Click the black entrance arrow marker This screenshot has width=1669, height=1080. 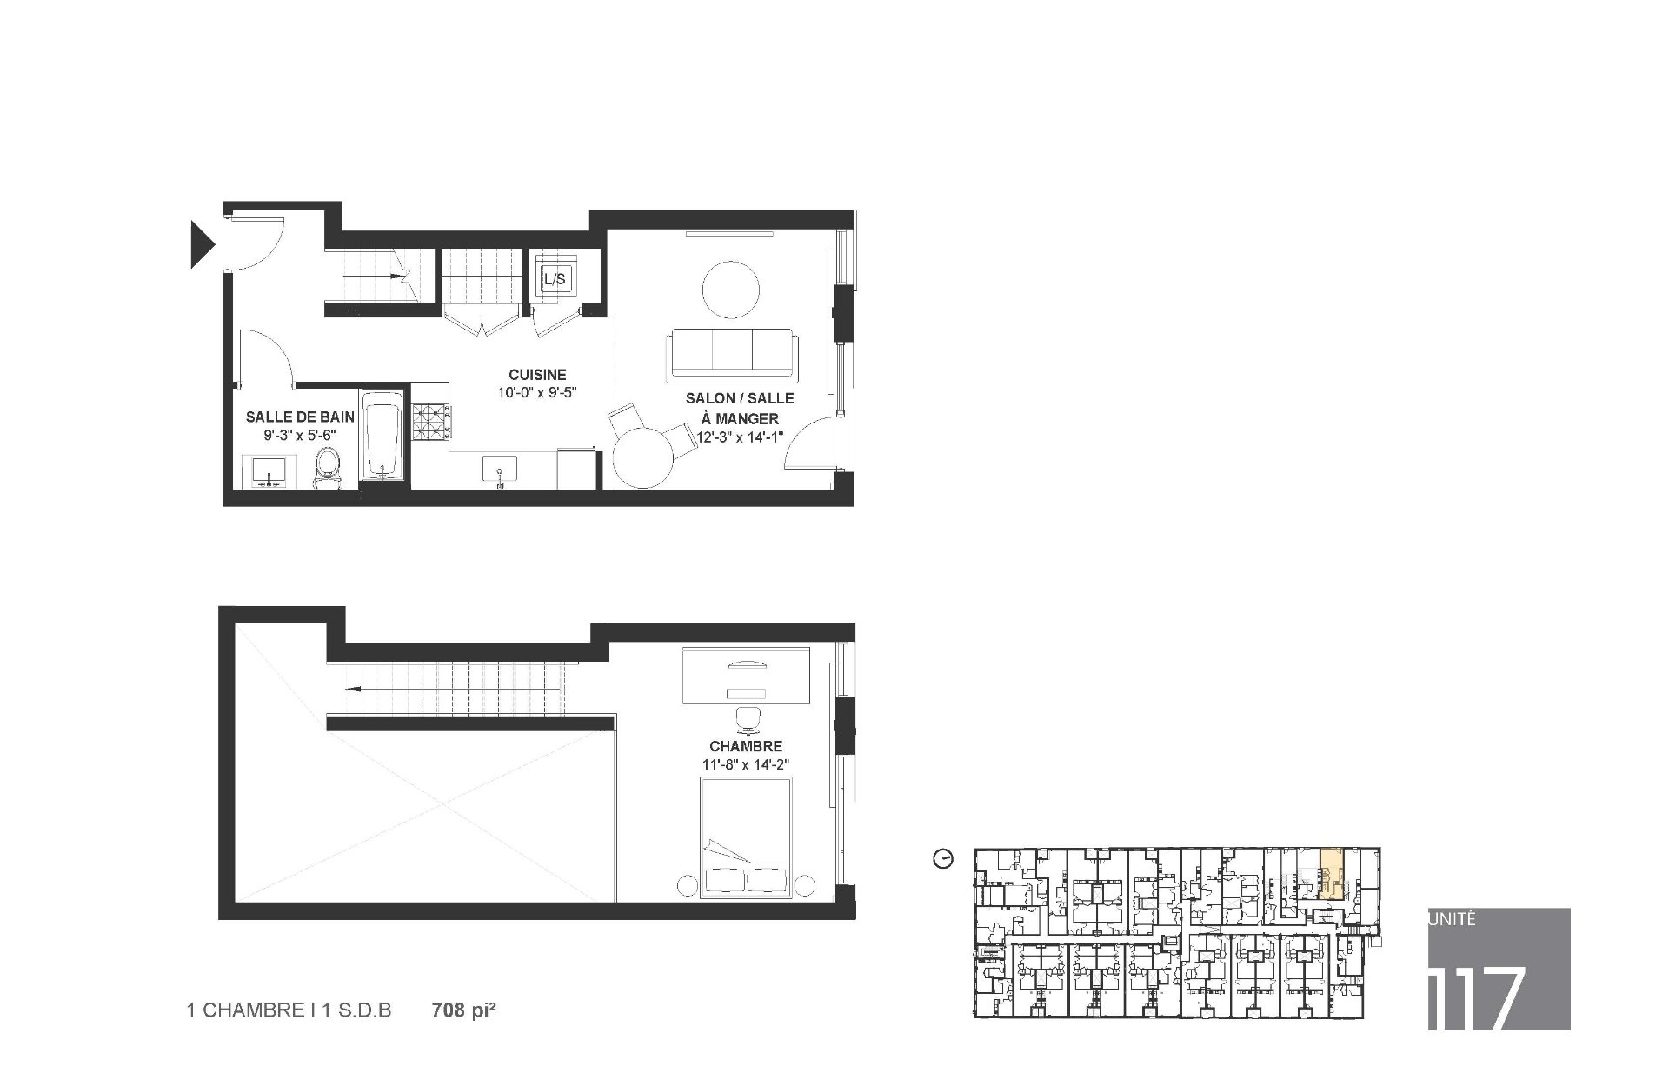tap(201, 243)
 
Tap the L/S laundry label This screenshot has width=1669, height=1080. tap(554, 279)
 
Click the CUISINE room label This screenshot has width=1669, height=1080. tap(537, 375)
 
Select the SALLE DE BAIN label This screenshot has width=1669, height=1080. tap(300, 417)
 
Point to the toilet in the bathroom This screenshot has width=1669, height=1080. tap(328, 470)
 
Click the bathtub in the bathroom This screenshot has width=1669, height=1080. tap(382, 435)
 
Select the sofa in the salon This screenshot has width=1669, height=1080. tap(732, 355)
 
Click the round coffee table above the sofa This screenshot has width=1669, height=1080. tap(730, 289)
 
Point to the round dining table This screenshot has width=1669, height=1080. tap(645, 458)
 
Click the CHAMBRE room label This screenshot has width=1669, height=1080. tap(746, 746)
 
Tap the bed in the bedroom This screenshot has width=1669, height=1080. tap(746, 837)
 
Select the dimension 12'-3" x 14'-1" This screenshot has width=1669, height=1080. tap(741, 437)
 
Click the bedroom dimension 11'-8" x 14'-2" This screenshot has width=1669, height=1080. tap(746, 765)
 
